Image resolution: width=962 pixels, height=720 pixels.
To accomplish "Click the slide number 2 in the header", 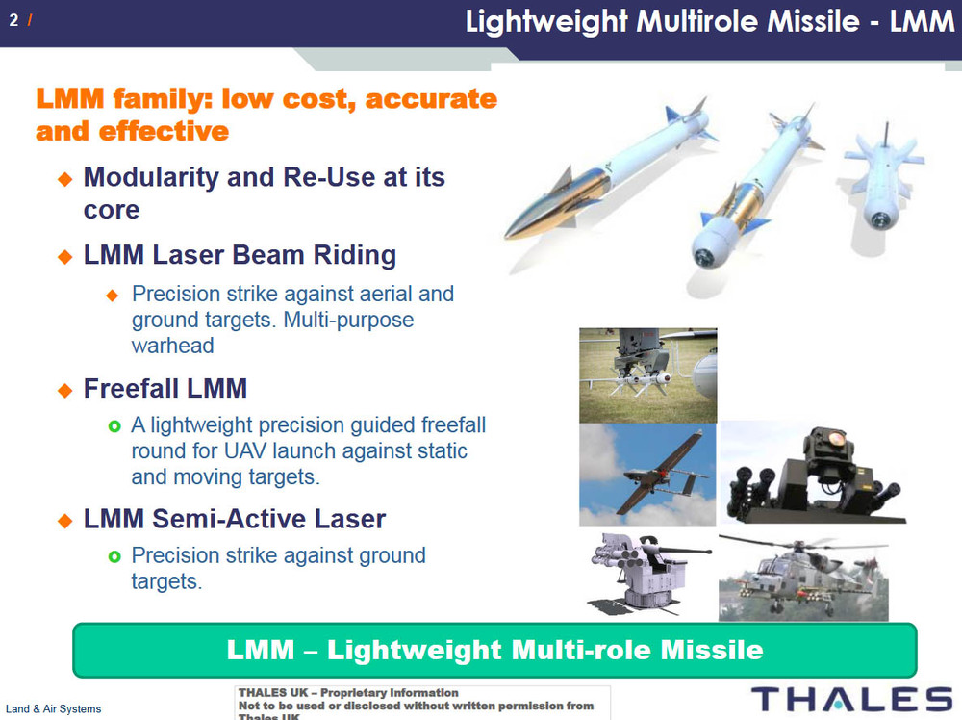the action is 13,20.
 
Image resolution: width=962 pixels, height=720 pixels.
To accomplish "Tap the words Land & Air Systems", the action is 53,709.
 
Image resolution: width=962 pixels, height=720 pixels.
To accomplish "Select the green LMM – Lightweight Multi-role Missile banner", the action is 494,650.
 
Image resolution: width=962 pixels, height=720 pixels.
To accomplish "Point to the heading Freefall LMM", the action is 165,388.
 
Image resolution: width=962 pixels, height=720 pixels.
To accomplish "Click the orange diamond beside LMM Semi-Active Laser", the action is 64,521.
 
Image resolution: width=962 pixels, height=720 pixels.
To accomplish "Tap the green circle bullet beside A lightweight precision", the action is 114,426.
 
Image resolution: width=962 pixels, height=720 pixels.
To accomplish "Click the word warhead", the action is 172,346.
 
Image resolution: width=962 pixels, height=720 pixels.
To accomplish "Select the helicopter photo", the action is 803,578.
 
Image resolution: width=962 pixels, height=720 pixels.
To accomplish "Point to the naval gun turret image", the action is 647,574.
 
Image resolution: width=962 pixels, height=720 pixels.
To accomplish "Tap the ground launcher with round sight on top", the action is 814,476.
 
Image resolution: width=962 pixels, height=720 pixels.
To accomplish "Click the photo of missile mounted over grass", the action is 647,375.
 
